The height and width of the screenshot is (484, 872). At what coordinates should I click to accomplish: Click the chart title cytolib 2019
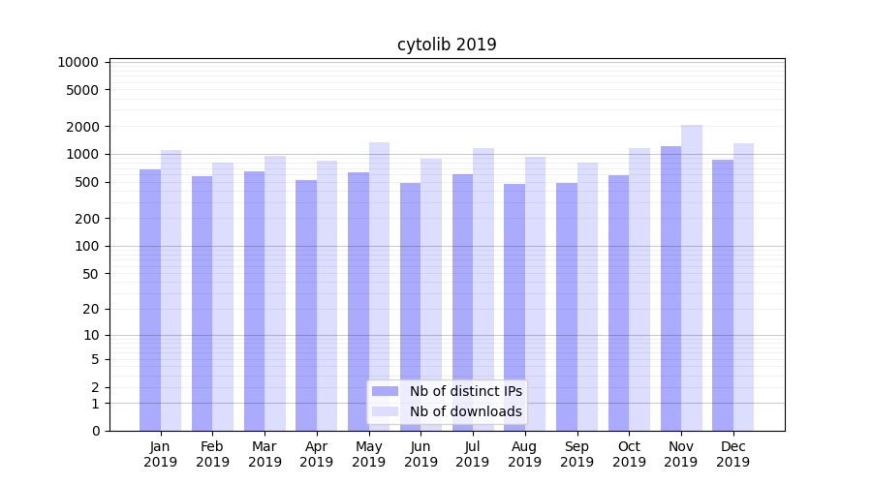pyautogui.click(x=447, y=45)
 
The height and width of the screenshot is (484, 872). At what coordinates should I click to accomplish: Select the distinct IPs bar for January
pyautogui.click(x=150, y=300)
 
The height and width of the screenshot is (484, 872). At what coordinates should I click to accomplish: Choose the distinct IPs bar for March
pyautogui.click(x=254, y=301)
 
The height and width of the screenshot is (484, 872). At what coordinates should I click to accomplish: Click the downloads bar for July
pyautogui.click(x=483, y=289)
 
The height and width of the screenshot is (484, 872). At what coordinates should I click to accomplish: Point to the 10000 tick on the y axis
pyautogui.click(x=78, y=62)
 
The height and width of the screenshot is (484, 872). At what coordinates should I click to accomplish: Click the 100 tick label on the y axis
pyautogui.click(x=85, y=246)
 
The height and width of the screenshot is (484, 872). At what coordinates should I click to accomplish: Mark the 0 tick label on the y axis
pyautogui.click(x=95, y=431)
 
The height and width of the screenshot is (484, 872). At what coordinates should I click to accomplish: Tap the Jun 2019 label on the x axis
pyautogui.click(x=420, y=454)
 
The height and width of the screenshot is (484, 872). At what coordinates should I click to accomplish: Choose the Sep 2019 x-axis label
pyautogui.click(x=576, y=454)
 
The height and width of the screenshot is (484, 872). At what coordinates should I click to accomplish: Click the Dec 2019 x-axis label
pyautogui.click(x=732, y=454)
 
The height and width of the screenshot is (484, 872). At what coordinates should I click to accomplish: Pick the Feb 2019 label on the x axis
pyautogui.click(x=212, y=454)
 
